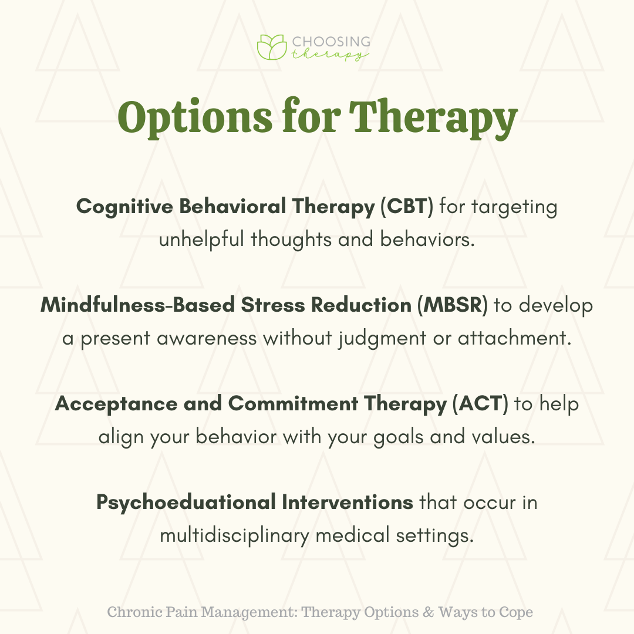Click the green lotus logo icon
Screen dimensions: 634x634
272,48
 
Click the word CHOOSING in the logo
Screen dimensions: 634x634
331,42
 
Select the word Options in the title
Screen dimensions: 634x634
195,117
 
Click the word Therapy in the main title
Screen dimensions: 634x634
433,117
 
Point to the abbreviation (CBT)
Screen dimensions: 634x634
407,206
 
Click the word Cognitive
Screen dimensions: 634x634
125,207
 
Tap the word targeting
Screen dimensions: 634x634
514,207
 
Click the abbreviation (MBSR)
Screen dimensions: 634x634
453,305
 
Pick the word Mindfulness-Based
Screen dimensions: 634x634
138,305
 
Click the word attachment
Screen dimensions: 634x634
515,338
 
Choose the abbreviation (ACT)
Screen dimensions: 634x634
480,403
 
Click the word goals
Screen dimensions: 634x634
398,437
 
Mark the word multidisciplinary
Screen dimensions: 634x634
234,536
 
